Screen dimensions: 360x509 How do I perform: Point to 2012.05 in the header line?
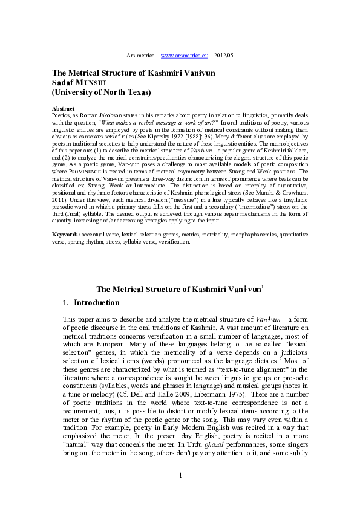tap(222, 55)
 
